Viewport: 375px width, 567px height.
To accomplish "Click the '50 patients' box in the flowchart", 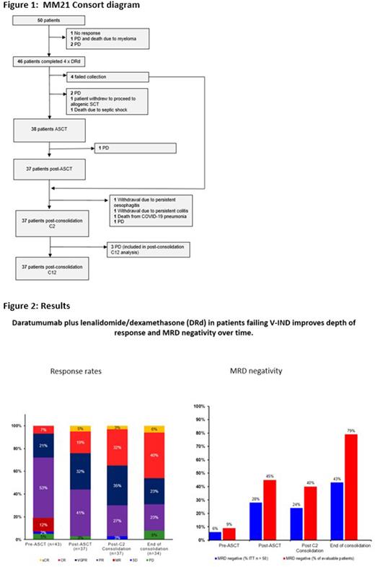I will [x=48, y=20].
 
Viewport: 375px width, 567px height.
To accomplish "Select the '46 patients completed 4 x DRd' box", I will [x=48, y=63].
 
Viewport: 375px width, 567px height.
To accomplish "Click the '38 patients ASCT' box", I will [x=48, y=131].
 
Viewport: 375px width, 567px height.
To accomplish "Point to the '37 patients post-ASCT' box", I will [x=48, y=174].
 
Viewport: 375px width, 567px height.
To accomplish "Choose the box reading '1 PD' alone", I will [x=136, y=149].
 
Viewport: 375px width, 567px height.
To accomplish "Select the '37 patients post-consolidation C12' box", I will [x=48, y=270].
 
